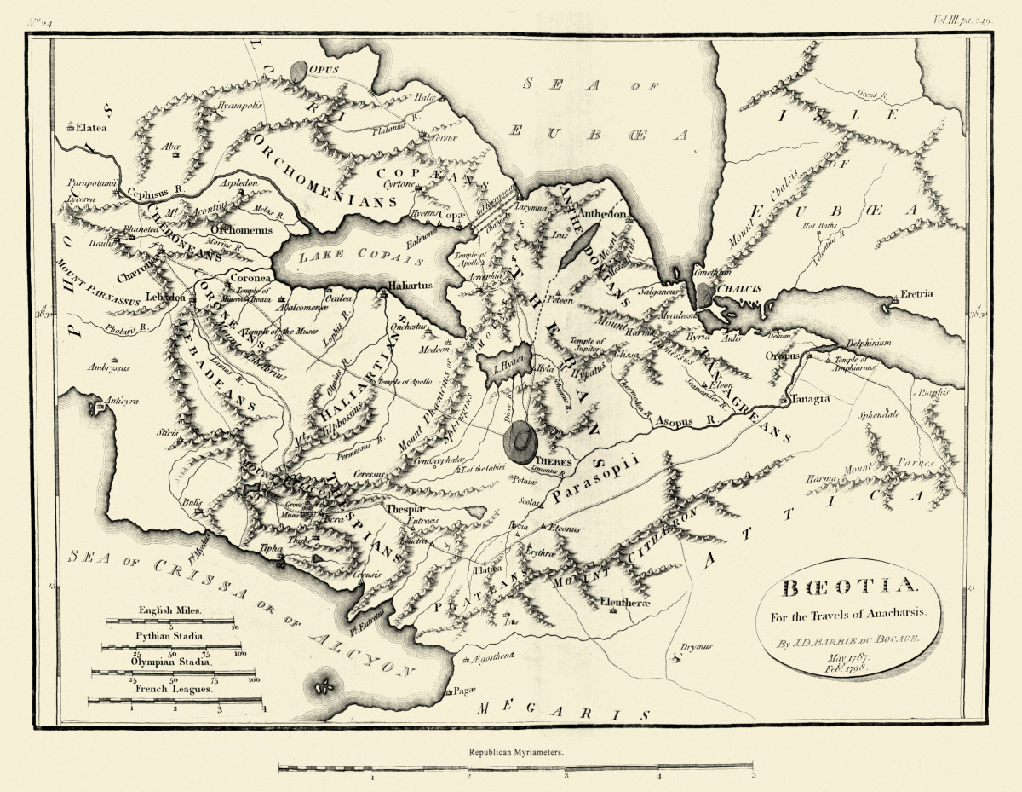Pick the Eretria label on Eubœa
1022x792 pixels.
(914, 293)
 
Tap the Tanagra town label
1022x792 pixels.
(809, 399)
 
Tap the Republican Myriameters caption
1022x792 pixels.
(515, 754)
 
